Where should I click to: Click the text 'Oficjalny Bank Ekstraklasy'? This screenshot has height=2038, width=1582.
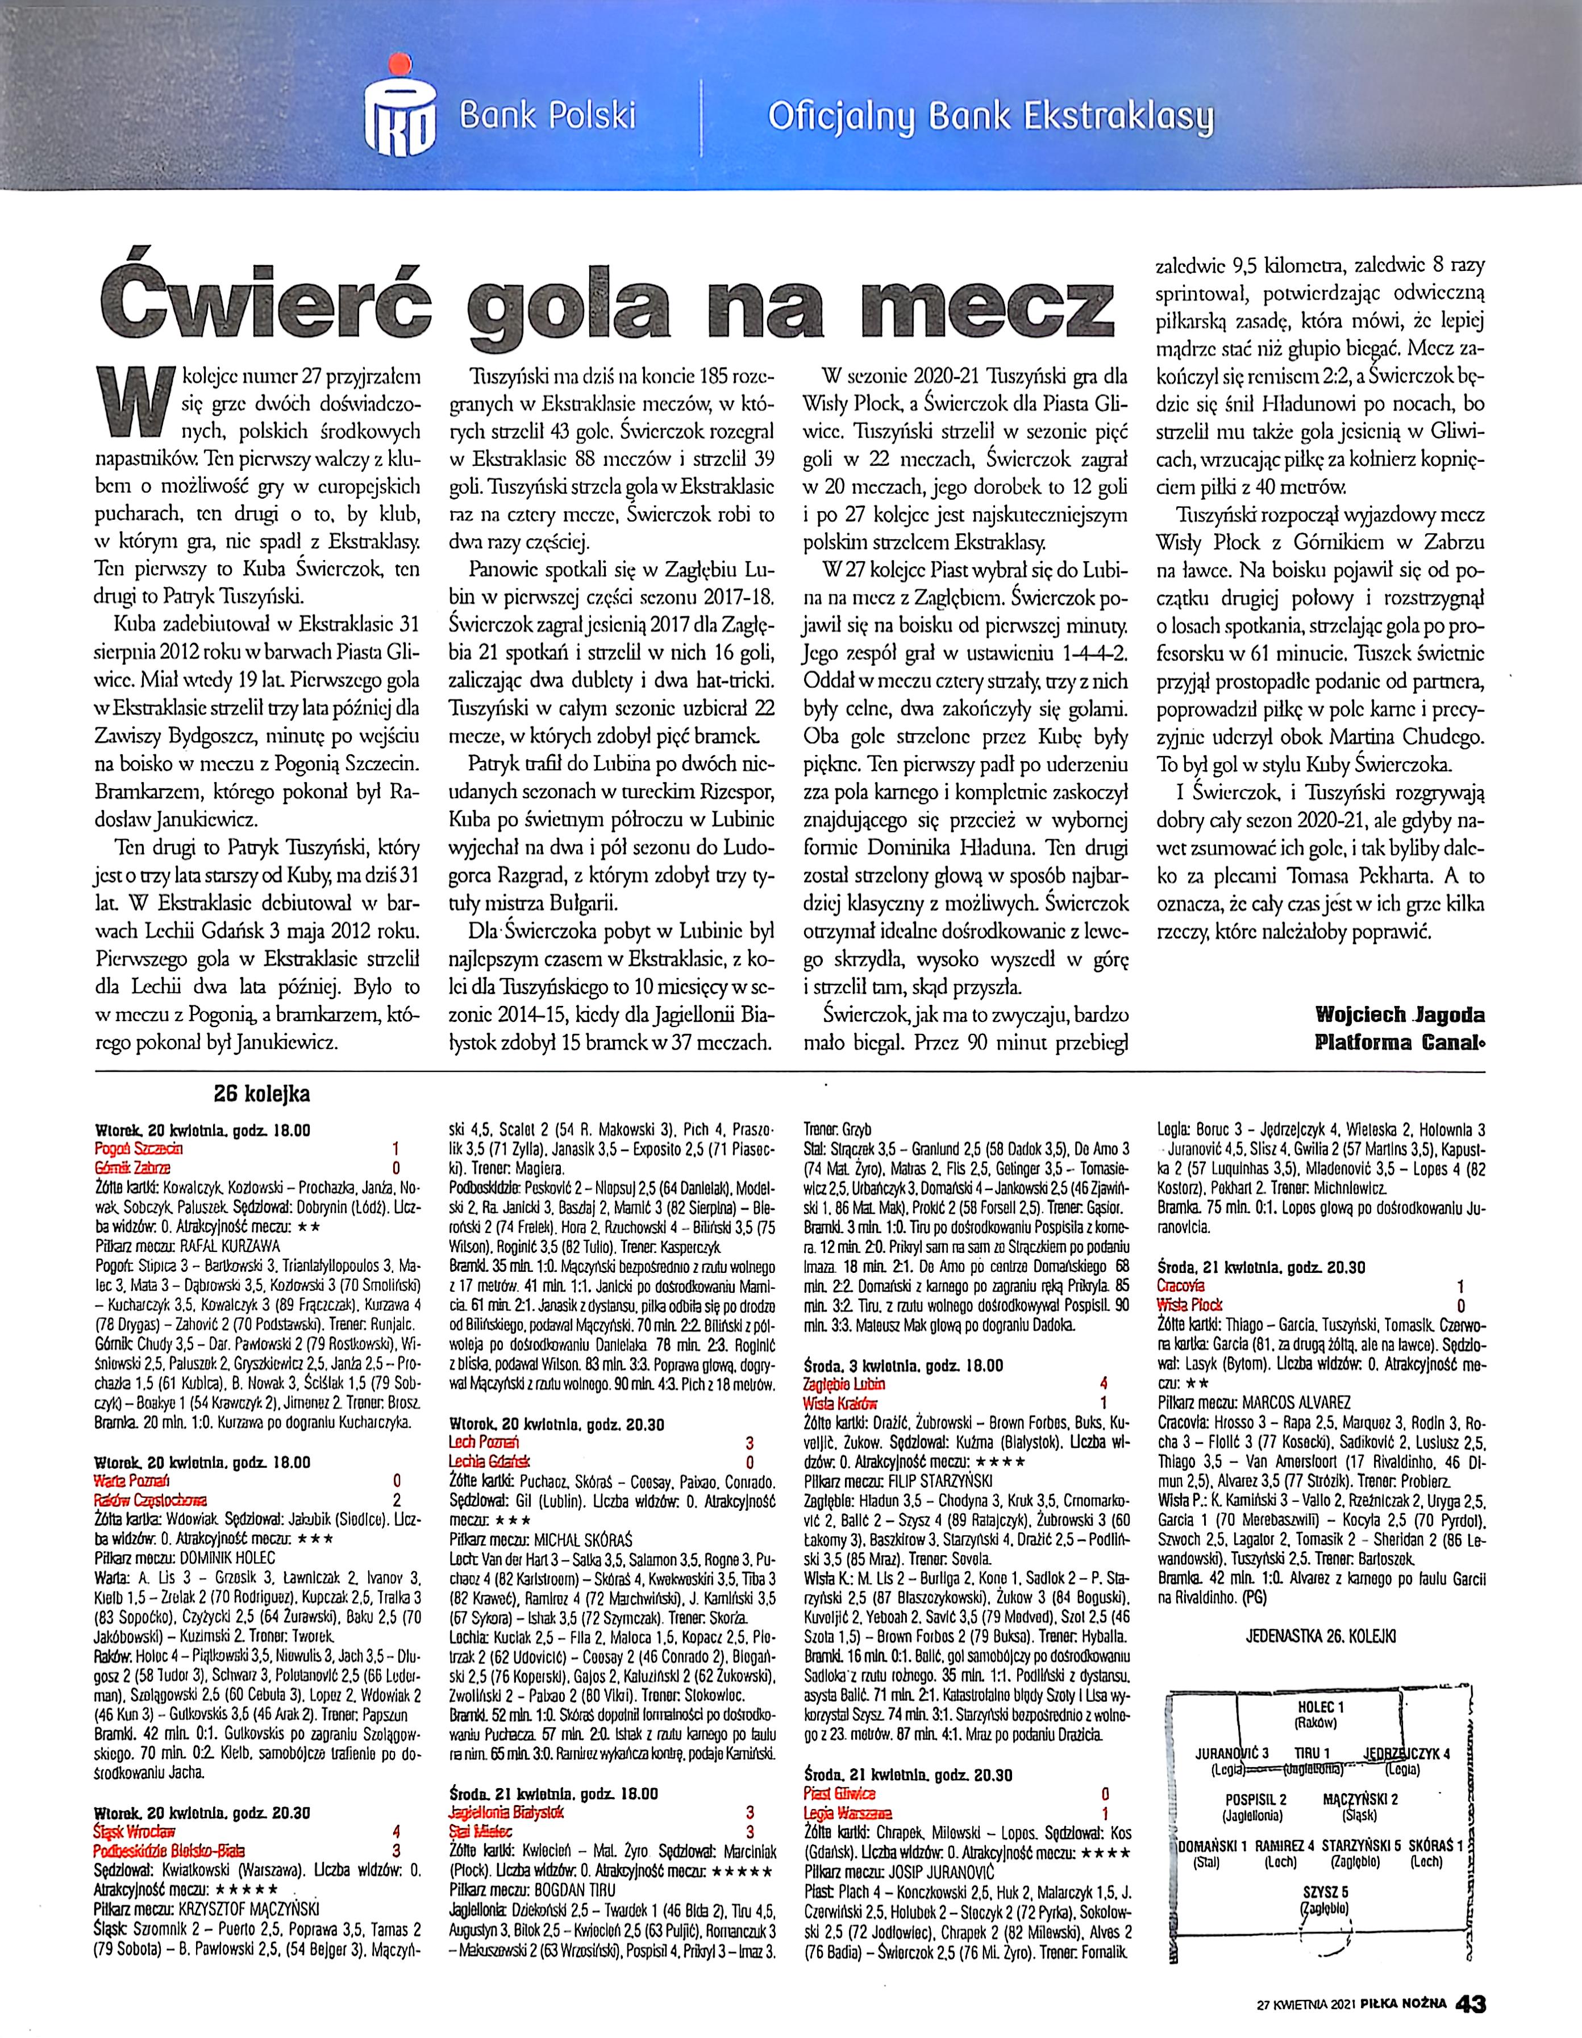tap(990, 116)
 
